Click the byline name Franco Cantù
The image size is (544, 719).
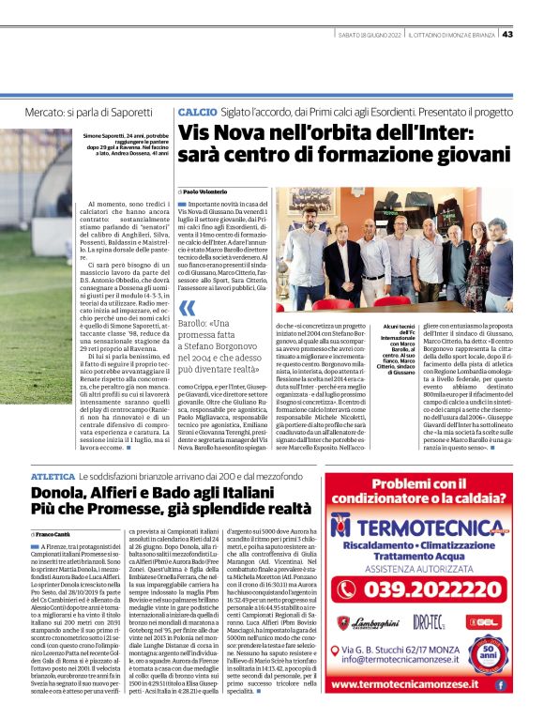pos(56,534)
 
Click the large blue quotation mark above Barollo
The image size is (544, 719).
pos(188,309)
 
